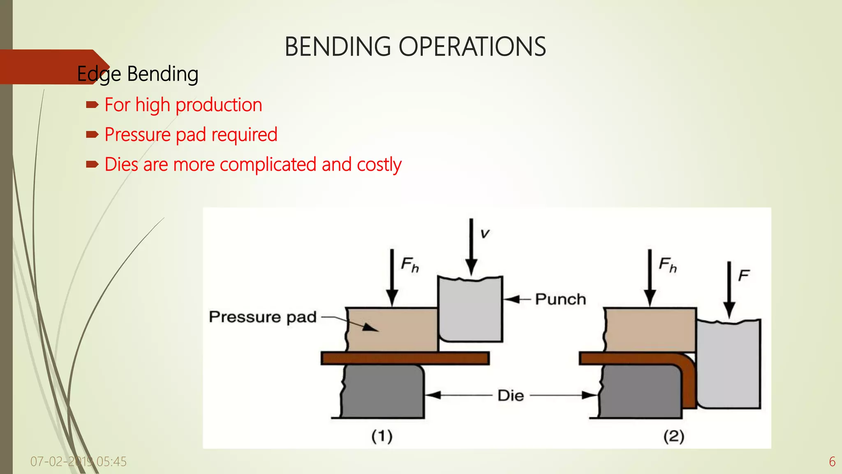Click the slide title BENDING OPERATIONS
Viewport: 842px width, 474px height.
(x=415, y=46)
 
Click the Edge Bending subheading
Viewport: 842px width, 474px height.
(x=138, y=74)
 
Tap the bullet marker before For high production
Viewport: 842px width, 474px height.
(x=92, y=105)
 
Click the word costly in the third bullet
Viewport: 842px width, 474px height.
(x=379, y=165)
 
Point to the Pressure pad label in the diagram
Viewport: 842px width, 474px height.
(x=263, y=317)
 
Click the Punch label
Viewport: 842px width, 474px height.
(x=560, y=299)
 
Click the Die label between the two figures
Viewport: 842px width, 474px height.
(x=511, y=395)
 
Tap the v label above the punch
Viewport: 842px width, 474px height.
(x=485, y=234)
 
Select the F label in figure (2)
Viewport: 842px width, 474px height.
(x=743, y=275)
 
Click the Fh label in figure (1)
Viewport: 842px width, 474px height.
(x=410, y=265)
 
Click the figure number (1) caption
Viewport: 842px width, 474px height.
(x=382, y=436)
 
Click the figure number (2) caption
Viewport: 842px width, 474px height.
(x=673, y=436)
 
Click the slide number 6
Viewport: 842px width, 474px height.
(x=832, y=462)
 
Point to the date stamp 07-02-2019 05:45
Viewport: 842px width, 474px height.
(x=79, y=462)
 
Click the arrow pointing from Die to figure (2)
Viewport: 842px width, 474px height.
(x=563, y=395)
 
